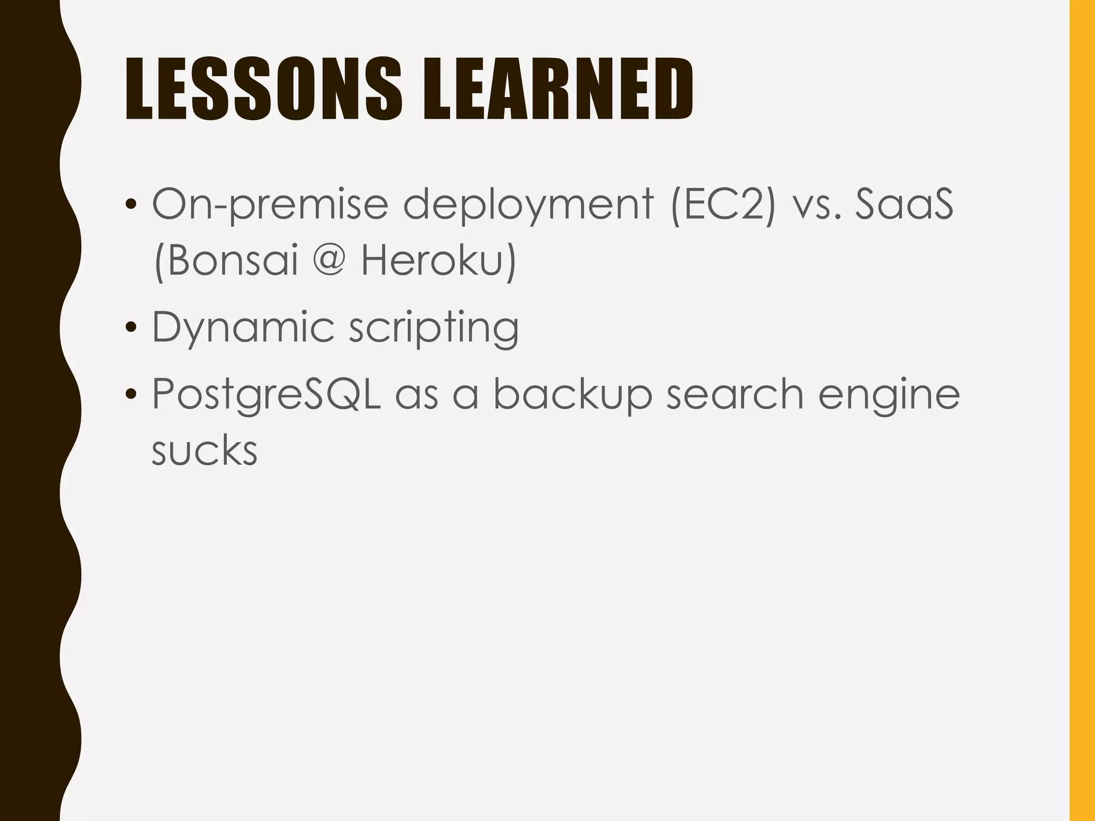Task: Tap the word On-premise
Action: pyautogui.click(x=270, y=205)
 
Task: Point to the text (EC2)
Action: pyautogui.click(x=722, y=204)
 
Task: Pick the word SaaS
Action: pyautogui.click(x=904, y=204)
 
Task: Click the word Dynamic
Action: pyautogui.click(x=243, y=328)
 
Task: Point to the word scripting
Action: pyautogui.click(x=434, y=328)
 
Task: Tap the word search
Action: pyautogui.click(x=735, y=394)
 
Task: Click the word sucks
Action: pyautogui.click(x=204, y=451)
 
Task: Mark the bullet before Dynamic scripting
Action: pyautogui.click(x=130, y=327)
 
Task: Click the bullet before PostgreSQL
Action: pyautogui.click(x=130, y=394)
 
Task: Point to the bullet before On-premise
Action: pyautogui.click(x=130, y=204)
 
